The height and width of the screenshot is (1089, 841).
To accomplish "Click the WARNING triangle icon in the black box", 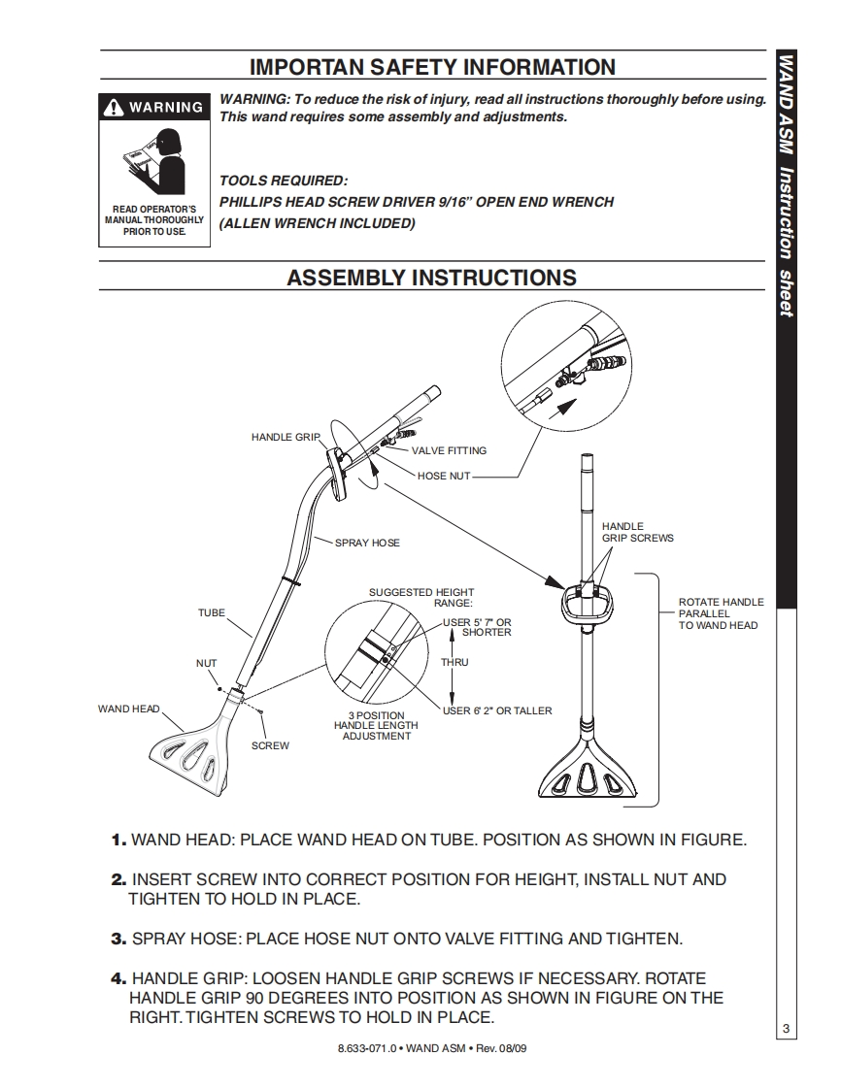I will pos(116,107).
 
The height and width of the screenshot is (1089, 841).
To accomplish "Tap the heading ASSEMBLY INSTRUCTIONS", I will pos(431,278).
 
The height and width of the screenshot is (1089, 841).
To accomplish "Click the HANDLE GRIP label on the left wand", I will pos(285,438).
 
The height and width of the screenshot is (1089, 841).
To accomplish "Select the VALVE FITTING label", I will pos(449,451).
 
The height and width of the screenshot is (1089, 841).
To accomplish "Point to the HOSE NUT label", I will pos(444,477).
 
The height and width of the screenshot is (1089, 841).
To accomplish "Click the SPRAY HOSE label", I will pos(367,543).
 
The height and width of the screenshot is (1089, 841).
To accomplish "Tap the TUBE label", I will pos(211,613).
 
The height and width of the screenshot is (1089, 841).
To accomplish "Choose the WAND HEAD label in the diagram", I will pos(128,709).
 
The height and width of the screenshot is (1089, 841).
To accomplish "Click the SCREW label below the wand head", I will pos(270,745).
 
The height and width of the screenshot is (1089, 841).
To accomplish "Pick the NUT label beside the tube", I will pos(207,664).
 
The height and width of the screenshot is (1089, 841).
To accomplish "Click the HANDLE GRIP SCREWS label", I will pos(637,532).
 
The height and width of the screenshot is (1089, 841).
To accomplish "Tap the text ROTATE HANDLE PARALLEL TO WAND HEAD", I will pos(721,613).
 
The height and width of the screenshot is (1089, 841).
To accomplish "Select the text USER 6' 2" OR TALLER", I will pos(497,711).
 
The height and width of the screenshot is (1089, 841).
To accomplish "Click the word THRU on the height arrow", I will pos(454,663).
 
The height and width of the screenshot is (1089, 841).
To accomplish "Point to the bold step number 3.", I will pos(118,939).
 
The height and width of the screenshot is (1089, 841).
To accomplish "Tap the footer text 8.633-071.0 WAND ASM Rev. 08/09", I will pos(432,1049).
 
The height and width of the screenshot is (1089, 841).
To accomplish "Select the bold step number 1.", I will pos(118,840).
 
